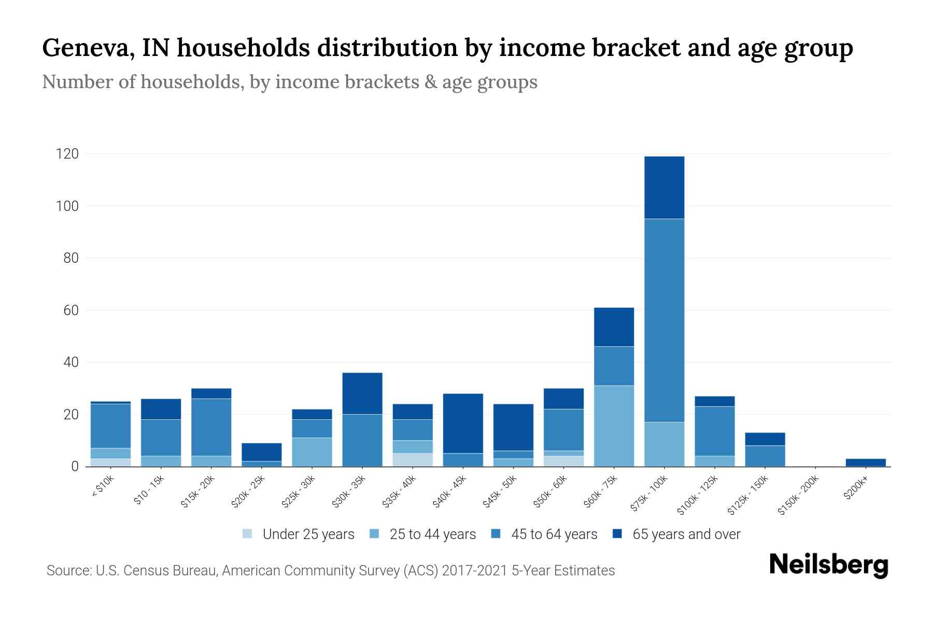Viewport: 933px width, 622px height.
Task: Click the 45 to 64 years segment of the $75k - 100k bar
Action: [x=664, y=320]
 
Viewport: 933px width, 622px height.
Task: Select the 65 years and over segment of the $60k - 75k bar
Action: [x=614, y=327]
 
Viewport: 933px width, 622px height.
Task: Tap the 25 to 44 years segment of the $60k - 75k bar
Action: [x=614, y=426]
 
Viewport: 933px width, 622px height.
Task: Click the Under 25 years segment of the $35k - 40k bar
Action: [x=413, y=460]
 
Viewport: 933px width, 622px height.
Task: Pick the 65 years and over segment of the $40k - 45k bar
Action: [x=463, y=423]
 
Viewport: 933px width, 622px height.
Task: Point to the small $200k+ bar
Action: [x=866, y=462]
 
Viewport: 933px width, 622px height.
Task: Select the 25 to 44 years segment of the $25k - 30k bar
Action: [x=312, y=452]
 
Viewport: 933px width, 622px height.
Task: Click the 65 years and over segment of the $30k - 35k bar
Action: [x=362, y=393]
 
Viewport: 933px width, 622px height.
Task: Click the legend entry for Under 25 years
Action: [x=308, y=534]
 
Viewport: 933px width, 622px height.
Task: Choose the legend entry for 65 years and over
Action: [x=686, y=534]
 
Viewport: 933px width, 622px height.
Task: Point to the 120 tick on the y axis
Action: [x=68, y=154]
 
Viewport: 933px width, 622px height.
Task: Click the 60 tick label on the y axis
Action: [x=71, y=310]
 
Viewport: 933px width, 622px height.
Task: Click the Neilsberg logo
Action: [x=828, y=565]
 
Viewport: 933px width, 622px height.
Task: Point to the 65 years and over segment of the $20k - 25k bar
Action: [x=262, y=452]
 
